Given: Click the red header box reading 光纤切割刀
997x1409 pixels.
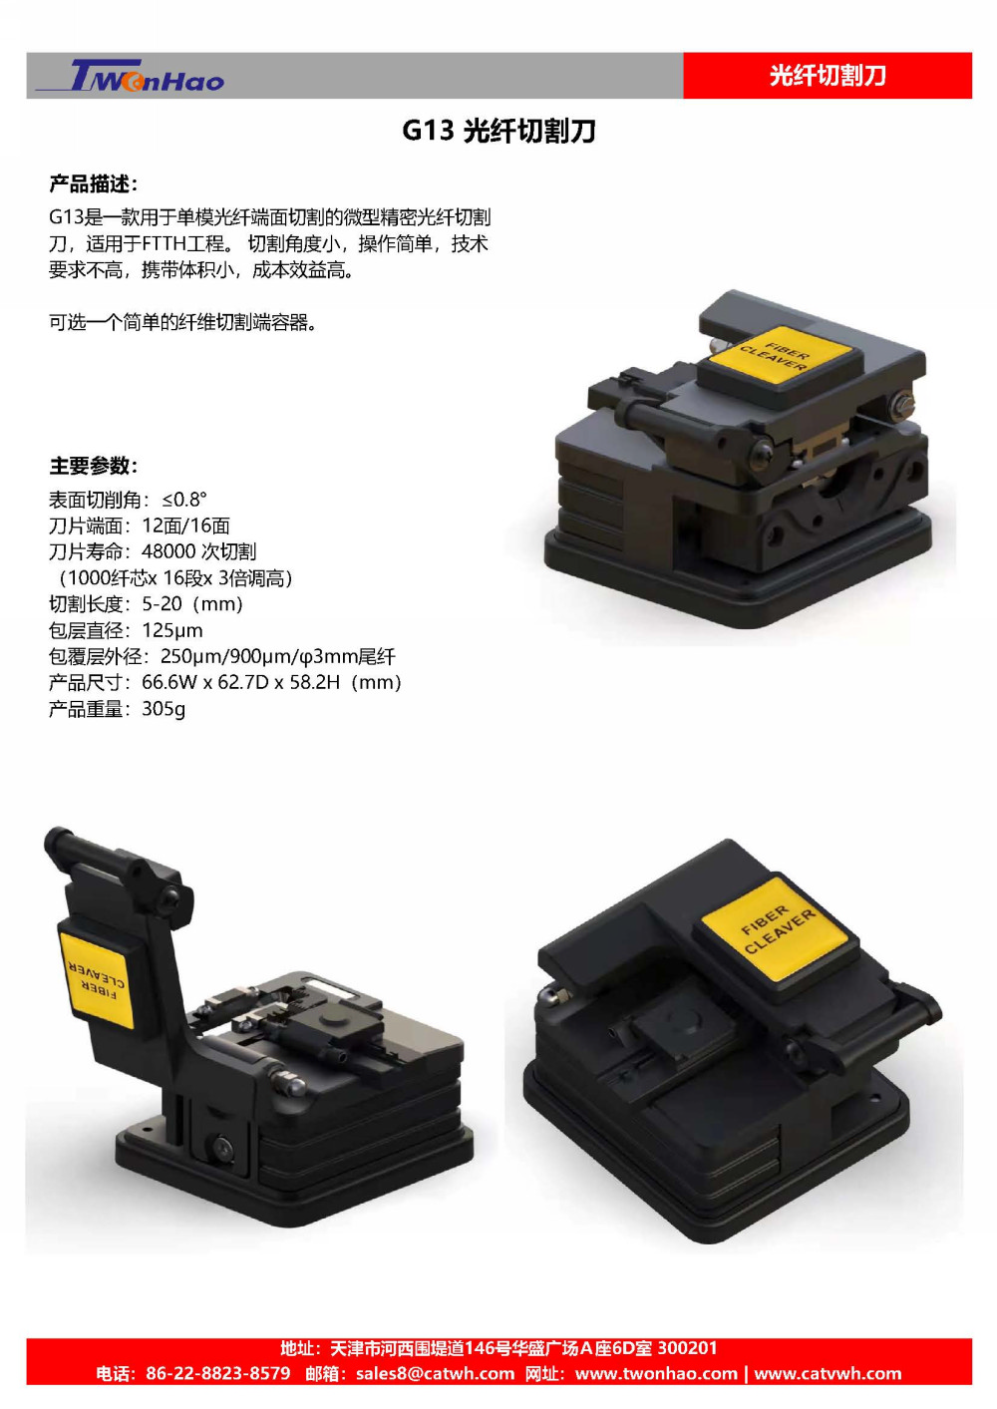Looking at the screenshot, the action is coord(828,76).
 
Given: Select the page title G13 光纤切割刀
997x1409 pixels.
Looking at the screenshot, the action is coord(498,131).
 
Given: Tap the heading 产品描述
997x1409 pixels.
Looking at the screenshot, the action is coord(93,184).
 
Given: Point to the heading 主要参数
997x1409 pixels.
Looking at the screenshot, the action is coord(93,466).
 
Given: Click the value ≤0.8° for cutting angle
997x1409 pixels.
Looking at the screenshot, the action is coord(184,500).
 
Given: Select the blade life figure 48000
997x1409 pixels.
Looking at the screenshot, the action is coord(168,551).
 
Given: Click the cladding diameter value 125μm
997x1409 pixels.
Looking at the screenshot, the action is coord(172,630).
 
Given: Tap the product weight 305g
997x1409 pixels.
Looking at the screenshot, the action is coord(164,709).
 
